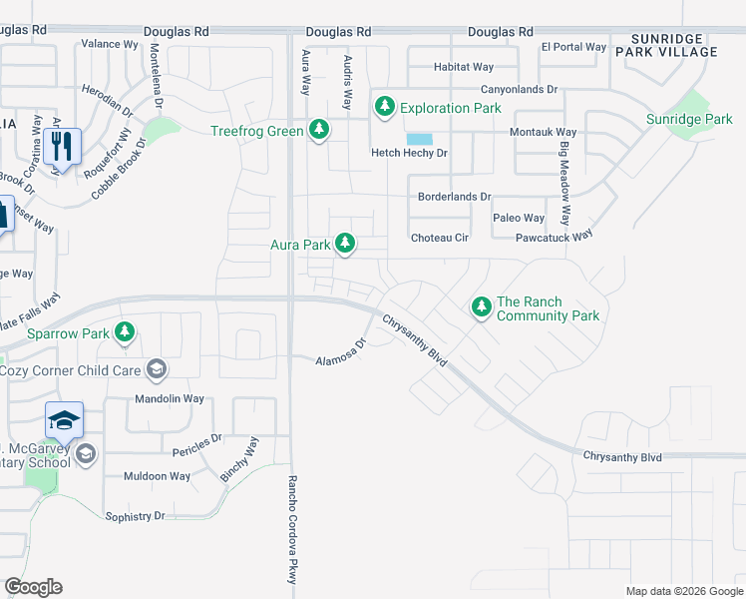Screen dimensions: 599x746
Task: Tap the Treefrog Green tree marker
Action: tap(319, 131)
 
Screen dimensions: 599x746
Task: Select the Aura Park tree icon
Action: tap(345, 244)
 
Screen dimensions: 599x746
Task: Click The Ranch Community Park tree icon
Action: tap(482, 307)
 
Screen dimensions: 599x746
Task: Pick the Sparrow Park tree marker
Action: tap(125, 332)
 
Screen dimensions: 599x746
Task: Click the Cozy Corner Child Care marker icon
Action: tap(156, 370)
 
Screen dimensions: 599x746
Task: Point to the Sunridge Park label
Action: tap(689, 120)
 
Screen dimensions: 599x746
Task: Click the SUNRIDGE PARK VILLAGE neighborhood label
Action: tap(680, 44)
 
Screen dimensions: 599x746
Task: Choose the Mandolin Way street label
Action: tap(170, 398)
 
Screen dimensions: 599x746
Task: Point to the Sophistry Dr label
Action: tap(135, 516)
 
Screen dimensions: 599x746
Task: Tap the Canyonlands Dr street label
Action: tap(508, 89)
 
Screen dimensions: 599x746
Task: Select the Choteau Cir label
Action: tap(440, 238)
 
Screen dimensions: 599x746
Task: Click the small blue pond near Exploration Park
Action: tap(420, 139)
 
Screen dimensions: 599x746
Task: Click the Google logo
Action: tap(33, 587)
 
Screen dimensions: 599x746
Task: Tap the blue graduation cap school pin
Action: tap(63, 421)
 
